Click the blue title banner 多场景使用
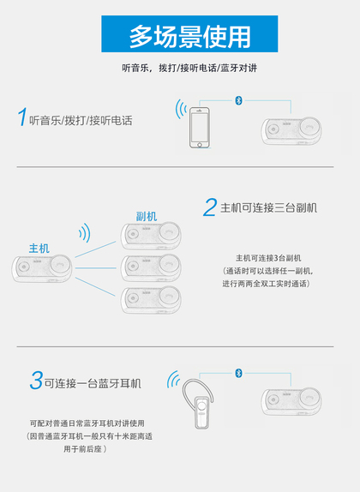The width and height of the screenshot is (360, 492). point(189,34)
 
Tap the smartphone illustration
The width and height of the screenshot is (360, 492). point(200,128)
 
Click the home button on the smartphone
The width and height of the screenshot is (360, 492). point(200,145)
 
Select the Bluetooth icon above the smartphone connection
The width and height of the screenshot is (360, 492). point(238,100)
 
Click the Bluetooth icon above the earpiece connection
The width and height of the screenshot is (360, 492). point(238,373)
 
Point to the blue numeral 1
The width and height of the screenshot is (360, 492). point(22,117)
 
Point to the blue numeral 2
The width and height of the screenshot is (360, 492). point(210,207)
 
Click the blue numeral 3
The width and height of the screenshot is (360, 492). point(36,380)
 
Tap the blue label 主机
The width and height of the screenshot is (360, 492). point(39,249)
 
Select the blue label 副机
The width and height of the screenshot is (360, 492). point(147,216)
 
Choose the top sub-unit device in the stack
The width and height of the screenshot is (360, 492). point(151,236)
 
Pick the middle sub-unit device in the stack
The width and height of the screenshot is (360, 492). point(151,267)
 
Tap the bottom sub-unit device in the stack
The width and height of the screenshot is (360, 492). point(151,300)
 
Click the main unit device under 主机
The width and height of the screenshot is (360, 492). point(42,268)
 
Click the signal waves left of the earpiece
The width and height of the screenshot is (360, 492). point(173,379)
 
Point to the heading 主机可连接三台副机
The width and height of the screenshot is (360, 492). point(268,207)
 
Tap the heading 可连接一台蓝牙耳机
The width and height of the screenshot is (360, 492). point(93,383)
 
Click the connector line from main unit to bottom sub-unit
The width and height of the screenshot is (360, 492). point(95,286)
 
